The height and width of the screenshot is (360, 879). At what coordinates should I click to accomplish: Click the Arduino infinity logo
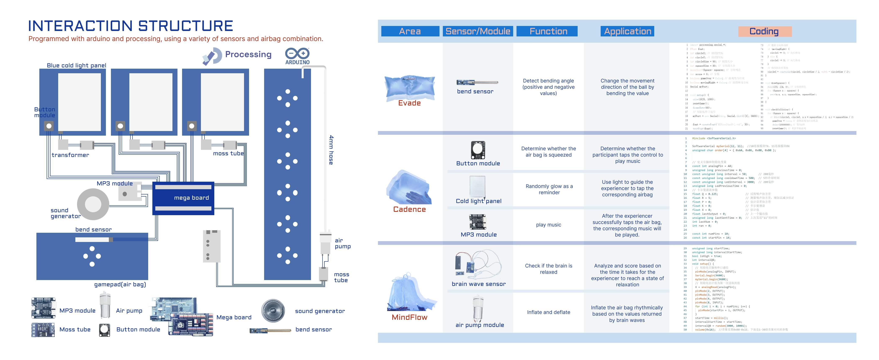tap(297, 54)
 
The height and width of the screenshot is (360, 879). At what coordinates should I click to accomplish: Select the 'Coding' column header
tap(764, 31)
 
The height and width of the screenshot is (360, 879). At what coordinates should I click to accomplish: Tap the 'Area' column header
tap(410, 31)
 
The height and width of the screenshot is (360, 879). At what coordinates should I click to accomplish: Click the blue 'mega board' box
tap(183, 198)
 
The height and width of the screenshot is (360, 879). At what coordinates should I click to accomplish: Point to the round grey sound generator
tap(93, 204)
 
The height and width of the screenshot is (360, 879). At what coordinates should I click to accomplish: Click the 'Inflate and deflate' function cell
tap(548, 312)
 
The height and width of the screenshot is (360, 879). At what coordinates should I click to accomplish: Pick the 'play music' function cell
tap(548, 225)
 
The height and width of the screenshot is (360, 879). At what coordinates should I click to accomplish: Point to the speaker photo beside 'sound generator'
tap(273, 311)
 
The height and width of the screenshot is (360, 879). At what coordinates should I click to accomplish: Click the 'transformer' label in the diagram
tap(70, 155)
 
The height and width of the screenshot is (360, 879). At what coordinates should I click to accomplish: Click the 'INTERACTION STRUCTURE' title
tap(130, 26)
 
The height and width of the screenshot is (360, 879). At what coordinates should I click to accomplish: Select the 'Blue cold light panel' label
tap(76, 65)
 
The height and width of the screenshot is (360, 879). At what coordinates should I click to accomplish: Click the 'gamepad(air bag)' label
tap(120, 284)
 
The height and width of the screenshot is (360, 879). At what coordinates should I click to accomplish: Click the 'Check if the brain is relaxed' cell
tap(548, 269)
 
